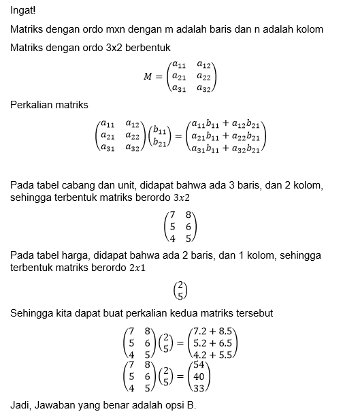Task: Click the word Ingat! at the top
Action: pyautogui.click(x=23, y=10)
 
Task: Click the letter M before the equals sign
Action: pyautogui.click(x=148, y=76)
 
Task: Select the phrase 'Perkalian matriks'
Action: pyautogui.click(x=54, y=105)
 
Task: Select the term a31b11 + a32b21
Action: pyautogui.click(x=225, y=149)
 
